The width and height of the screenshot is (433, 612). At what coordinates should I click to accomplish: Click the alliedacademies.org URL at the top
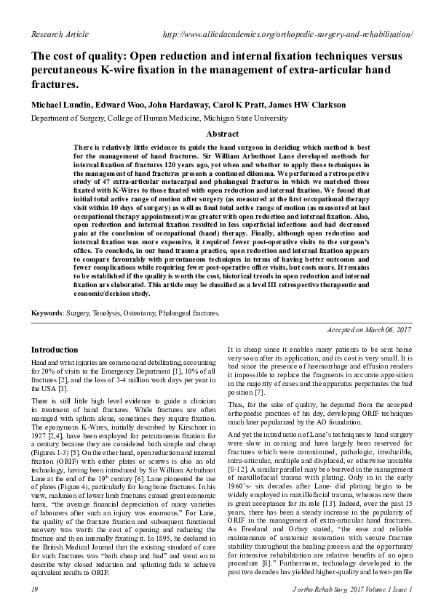tap(289, 34)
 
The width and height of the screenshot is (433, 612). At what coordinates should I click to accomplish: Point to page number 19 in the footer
tap(35, 586)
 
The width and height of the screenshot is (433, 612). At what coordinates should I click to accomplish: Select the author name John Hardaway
tap(168, 105)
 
